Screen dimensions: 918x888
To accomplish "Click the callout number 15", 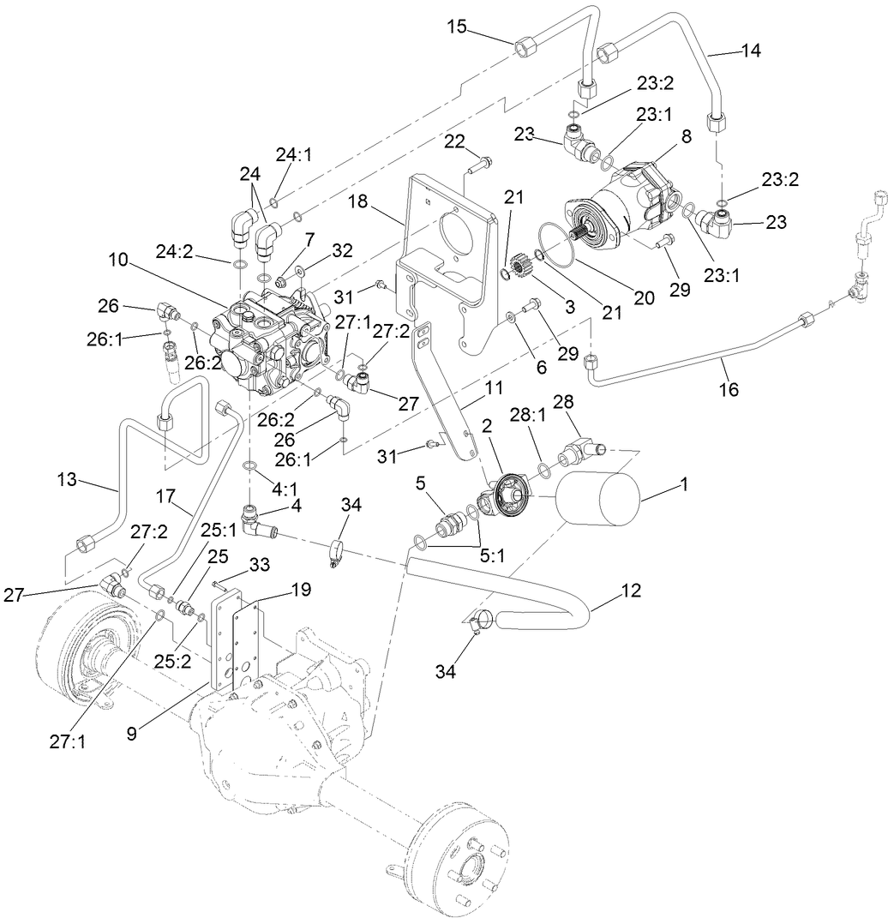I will [456, 26].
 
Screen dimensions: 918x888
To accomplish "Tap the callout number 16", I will [729, 389].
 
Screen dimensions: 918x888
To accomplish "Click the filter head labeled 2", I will [512, 493].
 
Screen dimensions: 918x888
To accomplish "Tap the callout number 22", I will [455, 140].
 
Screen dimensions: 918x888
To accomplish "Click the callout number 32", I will [343, 251].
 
